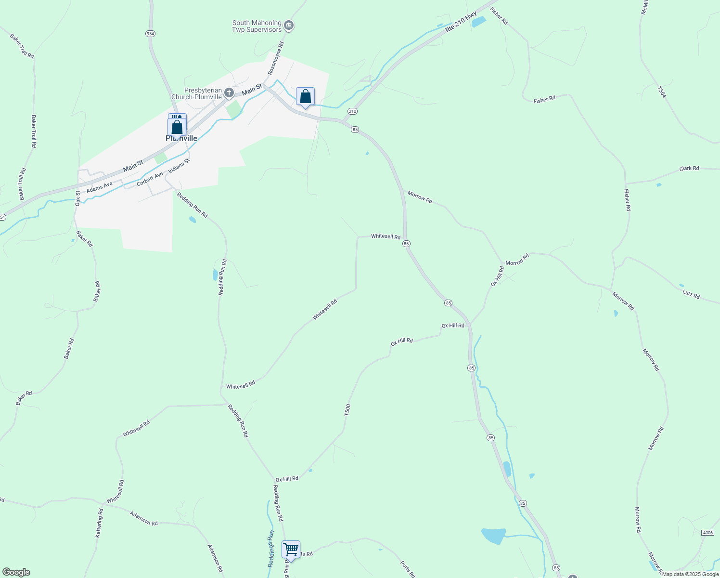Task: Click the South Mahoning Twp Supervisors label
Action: pos(257,26)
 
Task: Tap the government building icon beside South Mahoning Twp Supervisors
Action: pos(288,26)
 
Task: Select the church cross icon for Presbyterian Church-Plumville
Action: pos(230,92)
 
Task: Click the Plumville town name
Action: pos(181,138)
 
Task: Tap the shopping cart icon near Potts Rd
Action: pos(291,549)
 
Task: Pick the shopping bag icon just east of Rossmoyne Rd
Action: pos(305,97)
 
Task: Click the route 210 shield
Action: pos(352,111)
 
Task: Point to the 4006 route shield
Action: pos(707,532)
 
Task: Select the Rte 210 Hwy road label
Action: pos(461,22)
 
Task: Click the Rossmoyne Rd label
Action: pos(276,58)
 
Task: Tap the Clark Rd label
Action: pos(689,169)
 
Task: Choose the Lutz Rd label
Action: pos(691,294)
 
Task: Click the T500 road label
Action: pos(347,410)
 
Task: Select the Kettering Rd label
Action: pos(99,523)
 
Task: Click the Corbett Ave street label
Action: pos(150,179)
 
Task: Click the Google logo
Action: pos(16,572)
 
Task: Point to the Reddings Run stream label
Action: pos(271,548)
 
